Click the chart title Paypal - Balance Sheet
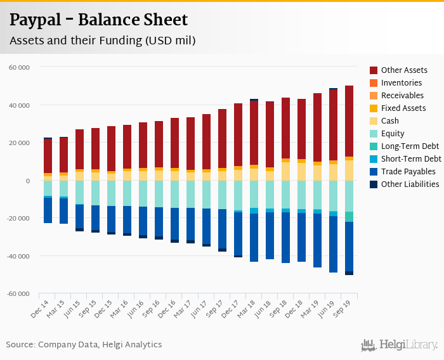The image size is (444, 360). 98,20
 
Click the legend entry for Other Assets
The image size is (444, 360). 404,70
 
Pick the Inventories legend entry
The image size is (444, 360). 402,83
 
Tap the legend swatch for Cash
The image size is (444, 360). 374,121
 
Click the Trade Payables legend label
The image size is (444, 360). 408,172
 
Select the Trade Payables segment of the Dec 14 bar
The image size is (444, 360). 48,210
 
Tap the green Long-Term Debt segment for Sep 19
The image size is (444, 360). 349,217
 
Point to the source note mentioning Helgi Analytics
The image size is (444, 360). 84,345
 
